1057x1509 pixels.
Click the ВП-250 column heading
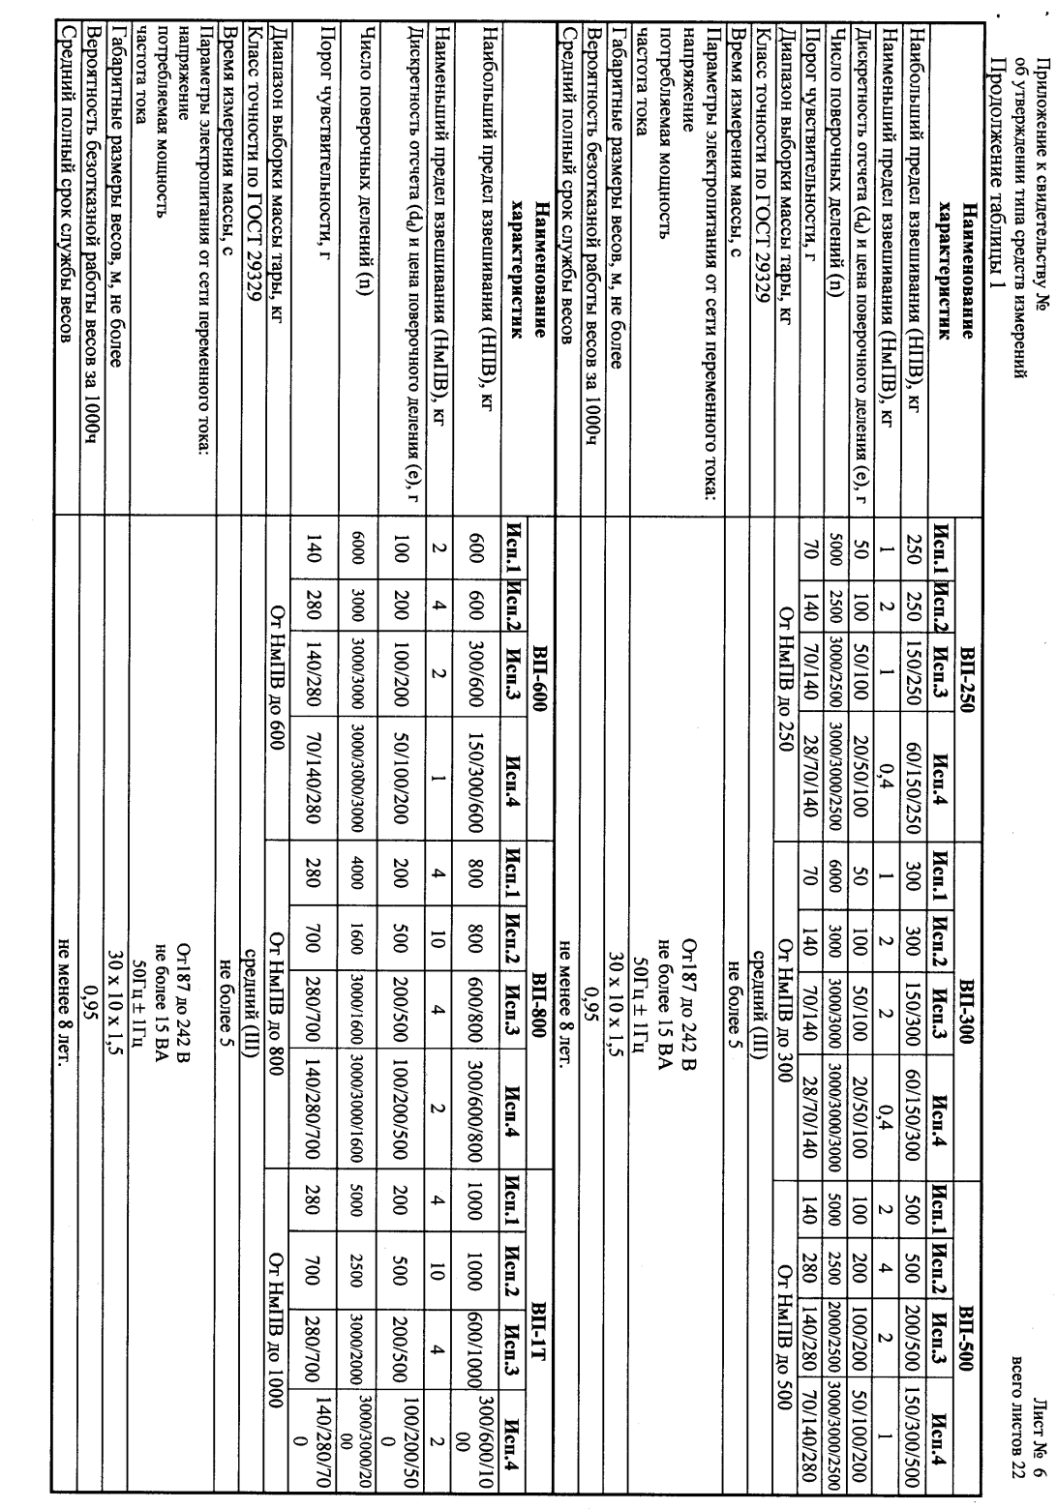tap(963, 695)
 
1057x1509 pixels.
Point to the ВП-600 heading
tap(543, 695)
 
